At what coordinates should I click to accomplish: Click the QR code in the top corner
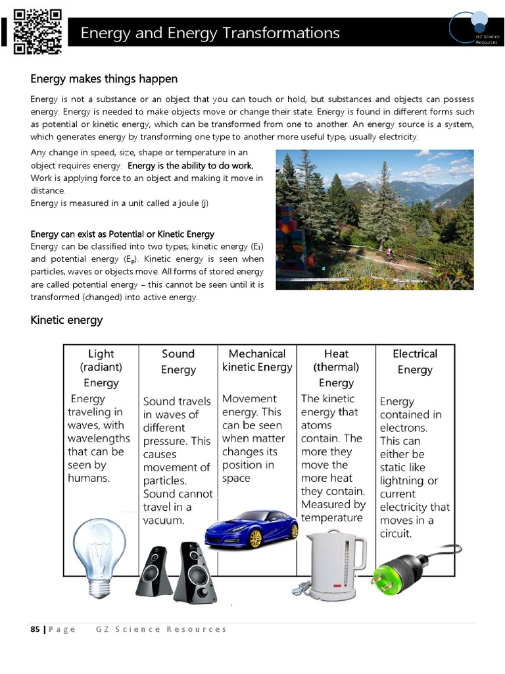click(x=37, y=31)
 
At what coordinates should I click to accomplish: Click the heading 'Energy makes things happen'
click(x=104, y=79)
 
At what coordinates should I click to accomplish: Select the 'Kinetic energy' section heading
click(x=66, y=321)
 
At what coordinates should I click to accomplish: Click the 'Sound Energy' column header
click(x=178, y=361)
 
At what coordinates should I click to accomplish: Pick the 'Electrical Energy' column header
click(x=415, y=361)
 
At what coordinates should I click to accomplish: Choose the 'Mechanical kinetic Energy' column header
click(x=257, y=360)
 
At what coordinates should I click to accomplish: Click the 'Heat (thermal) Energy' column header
click(x=336, y=368)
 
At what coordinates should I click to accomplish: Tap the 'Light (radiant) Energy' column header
click(x=101, y=368)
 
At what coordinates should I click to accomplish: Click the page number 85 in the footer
click(x=36, y=629)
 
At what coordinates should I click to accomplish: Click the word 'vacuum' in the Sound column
click(x=163, y=521)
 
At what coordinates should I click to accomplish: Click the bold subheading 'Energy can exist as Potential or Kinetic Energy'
click(x=122, y=234)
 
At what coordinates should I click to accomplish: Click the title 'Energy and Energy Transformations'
click(x=210, y=33)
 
